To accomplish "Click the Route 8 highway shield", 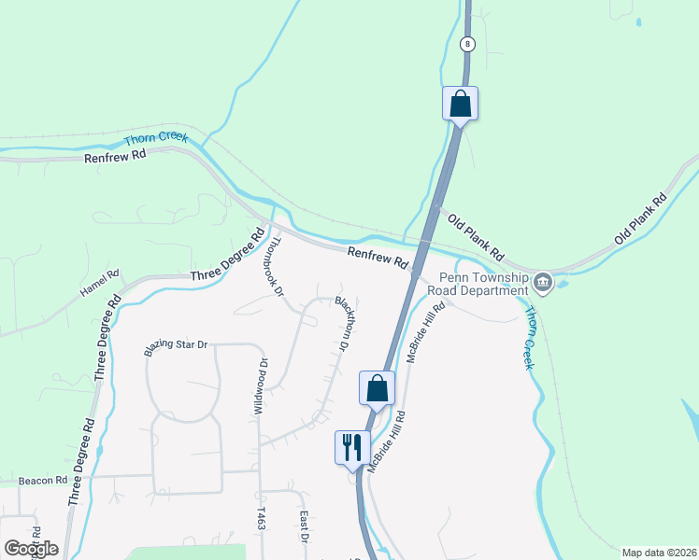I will pos(466,43).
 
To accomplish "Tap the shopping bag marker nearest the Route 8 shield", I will pos(460,103).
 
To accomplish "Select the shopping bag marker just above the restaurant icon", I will pos(378,387).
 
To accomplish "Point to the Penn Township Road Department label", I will pos(478,284).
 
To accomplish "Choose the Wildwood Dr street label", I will pos(262,386).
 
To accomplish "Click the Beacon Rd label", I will pos(43,480).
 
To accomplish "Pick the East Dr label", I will pos(304,526).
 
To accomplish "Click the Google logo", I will pos(31,548).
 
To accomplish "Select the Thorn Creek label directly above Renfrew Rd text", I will pos(156,138).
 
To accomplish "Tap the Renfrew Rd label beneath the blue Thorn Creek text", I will pos(116,156).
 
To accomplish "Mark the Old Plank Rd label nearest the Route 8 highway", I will pos(476,236).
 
